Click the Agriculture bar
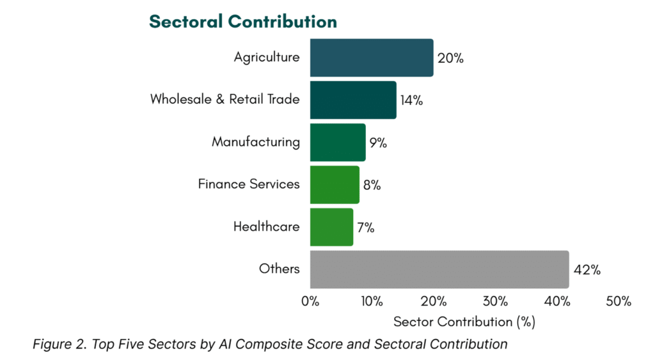click(x=372, y=58)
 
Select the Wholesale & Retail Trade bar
click(x=353, y=100)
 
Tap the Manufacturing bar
click(x=338, y=142)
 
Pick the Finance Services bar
click(x=335, y=185)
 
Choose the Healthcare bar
click(x=331, y=227)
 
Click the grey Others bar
click(x=439, y=269)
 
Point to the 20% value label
click(x=450, y=58)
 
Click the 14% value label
click(x=412, y=100)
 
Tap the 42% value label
click(x=587, y=270)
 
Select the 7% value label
click(x=366, y=228)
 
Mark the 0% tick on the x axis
click(x=310, y=301)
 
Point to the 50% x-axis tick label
click(x=619, y=301)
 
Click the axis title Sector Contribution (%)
click(x=464, y=321)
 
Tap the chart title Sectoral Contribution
click(x=243, y=22)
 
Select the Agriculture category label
click(x=267, y=58)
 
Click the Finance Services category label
click(x=249, y=184)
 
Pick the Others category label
click(x=280, y=269)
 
